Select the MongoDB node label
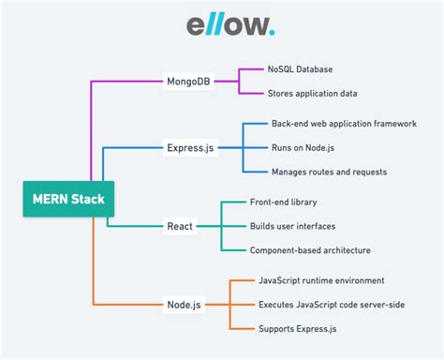pyautogui.click(x=194, y=81)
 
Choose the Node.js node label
pyautogui.click(x=184, y=304)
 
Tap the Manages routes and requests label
pyautogui.click(x=329, y=172)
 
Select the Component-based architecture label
pyautogui.click(x=310, y=250)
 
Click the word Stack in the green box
pyautogui.click(x=90, y=199)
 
